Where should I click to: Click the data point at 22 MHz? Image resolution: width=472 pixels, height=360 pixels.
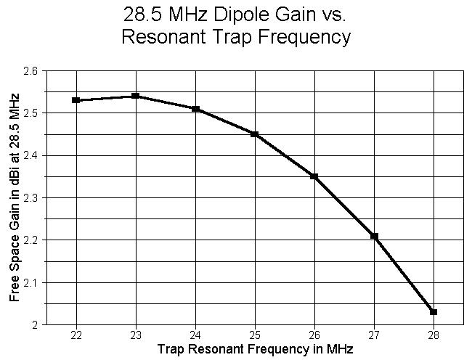tap(76, 100)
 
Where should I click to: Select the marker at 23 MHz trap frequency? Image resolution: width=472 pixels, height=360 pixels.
tap(136, 96)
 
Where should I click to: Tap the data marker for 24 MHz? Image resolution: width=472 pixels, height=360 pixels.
tap(195, 109)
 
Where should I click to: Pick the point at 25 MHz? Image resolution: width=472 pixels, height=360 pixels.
tap(255, 134)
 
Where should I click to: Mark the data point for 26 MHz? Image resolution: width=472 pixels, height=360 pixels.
tap(314, 176)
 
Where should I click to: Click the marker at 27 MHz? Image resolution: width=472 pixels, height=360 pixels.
tap(374, 236)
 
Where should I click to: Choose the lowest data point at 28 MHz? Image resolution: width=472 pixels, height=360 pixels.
tap(434, 312)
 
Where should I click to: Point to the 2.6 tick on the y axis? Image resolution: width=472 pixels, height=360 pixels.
tap(33, 71)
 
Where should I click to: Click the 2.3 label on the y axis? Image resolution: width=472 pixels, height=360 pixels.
tap(33, 197)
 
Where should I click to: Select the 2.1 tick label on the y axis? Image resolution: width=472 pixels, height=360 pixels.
tap(33, 282)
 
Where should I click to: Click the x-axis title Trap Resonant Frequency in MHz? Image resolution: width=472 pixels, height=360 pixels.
tap(255, 350)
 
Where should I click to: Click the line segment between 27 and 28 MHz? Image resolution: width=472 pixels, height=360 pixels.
tap(404, 274)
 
